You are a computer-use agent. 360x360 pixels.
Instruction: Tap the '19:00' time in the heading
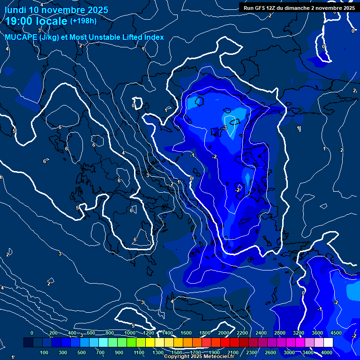(19, 21)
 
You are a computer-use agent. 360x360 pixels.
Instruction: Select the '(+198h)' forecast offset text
(83, 21)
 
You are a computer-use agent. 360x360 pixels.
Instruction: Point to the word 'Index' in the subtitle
(152, 37)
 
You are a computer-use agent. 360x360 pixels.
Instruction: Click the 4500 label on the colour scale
(336, 333)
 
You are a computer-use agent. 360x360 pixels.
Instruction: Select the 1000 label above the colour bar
(130, 333)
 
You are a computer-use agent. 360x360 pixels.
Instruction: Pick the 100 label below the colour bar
(45, 352)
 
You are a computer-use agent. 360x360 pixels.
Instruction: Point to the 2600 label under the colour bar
(270, 352)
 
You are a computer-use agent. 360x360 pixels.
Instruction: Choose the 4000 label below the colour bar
(327, 352)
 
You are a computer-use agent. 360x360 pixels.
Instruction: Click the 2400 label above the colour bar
(261, 333)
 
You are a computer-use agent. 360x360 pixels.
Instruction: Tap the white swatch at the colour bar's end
(328, 343)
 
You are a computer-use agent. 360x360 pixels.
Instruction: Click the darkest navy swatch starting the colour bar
(28, 343)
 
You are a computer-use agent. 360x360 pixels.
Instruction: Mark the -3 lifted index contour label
(225, 127)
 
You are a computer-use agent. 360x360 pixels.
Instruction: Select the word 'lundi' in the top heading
(15, 10)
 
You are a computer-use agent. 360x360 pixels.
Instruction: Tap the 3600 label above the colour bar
(317, 333)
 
